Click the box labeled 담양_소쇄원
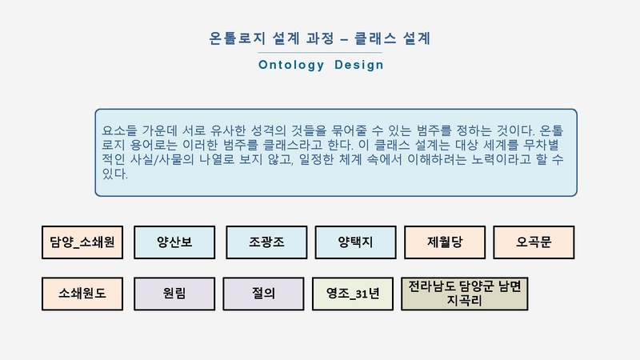[82, 242]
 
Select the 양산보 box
[174, 242]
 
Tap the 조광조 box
[266, 242]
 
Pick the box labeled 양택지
[355, 242]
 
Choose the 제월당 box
[445, 242]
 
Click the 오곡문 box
[534, 242]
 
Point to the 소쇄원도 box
[82, 294]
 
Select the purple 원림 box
[174, 294]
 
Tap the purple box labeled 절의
[264, 294]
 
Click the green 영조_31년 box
[353, 294]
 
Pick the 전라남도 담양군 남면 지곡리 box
[465, 294]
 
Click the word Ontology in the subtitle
[291, 66]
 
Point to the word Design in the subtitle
[359, 65]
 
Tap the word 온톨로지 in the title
[237, 38]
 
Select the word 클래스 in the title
[375, 38]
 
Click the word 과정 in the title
[321, 38]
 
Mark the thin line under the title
[320, 53]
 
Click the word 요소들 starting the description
[119, 130]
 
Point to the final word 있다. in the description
[115, 174]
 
